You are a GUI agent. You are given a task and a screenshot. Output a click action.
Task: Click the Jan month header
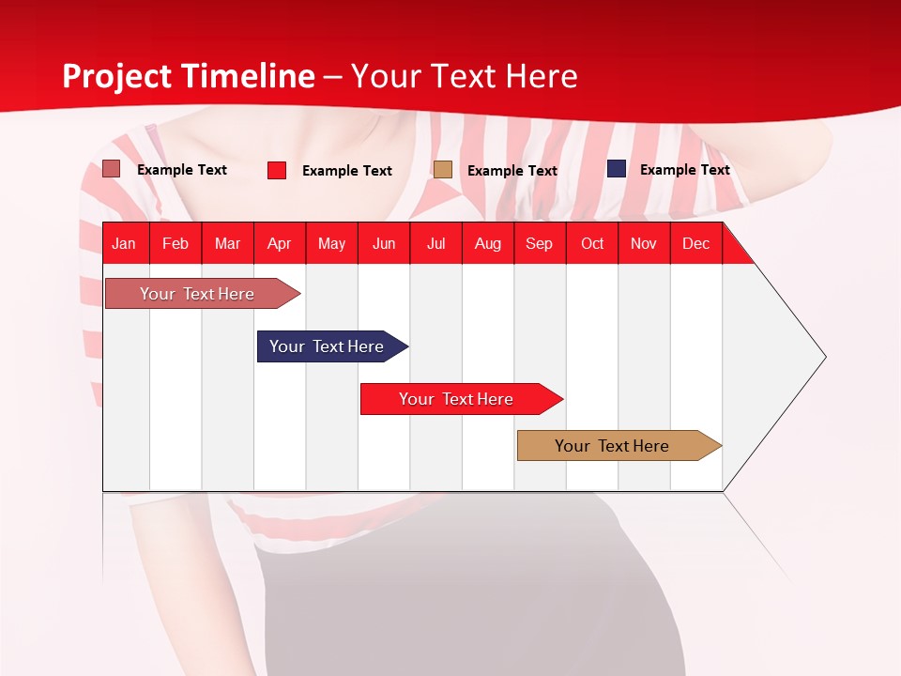[x=124, y=243]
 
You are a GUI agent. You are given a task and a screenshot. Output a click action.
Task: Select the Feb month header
[x=176, y=243]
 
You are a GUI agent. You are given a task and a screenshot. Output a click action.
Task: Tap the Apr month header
[x=279, y=243]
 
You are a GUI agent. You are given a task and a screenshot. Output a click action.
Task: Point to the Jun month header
[x=384, y=243]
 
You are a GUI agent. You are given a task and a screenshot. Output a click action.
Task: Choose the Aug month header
[x=487, y=243]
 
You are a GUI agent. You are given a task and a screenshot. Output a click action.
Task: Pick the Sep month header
[x=539, y=243]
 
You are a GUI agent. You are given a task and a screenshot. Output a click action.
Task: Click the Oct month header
[x=592, y=243]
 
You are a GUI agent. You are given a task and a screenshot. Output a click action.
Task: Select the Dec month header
[x=695, y=243]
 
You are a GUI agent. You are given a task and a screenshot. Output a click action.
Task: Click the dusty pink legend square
[x=111, y=169]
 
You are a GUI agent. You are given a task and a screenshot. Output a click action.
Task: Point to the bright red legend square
[x=277, y=170]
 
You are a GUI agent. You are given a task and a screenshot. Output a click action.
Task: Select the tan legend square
[x=443, y=169]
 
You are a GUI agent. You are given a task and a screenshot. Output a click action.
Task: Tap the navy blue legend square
[x=617, y=169]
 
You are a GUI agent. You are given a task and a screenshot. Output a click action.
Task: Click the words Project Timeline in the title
[x=188, y=76]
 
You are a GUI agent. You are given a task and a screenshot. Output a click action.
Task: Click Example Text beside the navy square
[x=684, y=170]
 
